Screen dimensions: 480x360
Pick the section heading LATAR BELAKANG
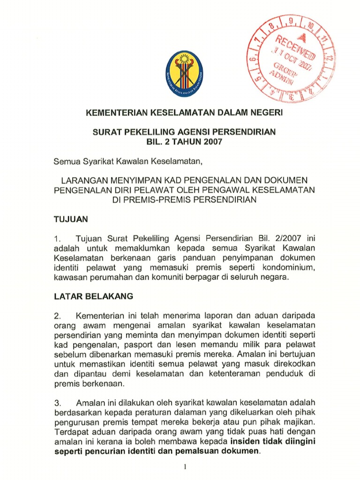point(94,296)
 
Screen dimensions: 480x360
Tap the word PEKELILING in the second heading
point(153,132)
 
